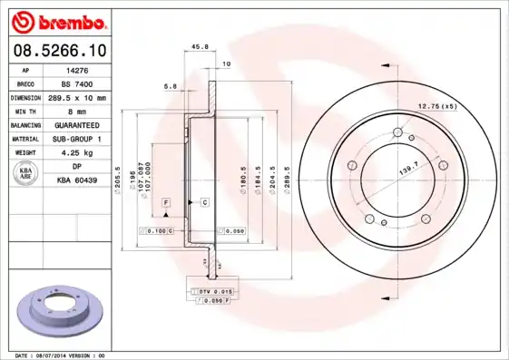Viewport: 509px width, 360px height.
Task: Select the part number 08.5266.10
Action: tap(59, 51)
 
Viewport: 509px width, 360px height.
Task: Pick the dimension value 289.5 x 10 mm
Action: tap(78, 97)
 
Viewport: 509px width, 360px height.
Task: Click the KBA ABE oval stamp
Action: tap(26, 173)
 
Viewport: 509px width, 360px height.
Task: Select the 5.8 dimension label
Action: tap(170, 86)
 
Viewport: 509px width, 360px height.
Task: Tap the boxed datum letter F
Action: tap(167, 200)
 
